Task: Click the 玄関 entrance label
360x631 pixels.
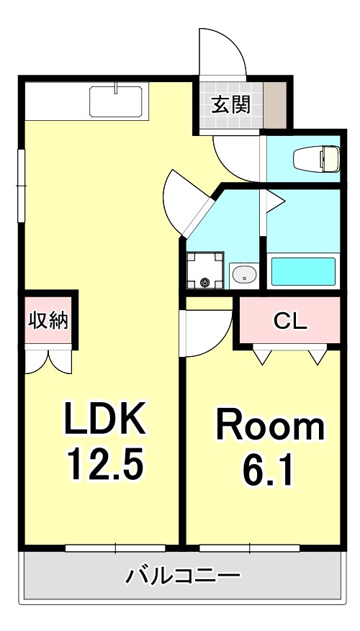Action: coord(230,105)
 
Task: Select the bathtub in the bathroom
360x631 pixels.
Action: coord(302,272)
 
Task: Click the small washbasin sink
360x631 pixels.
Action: coord(245,275)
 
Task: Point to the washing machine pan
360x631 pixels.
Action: coord(205,271)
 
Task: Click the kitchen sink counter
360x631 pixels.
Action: coord(117,101)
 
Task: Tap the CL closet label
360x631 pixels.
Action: coord(289,321)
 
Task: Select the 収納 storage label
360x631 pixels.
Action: coord(48,321)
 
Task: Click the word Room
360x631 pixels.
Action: coord(271,427)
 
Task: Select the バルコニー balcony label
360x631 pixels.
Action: coord(184,576)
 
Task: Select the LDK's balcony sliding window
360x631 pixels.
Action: coord(115,548)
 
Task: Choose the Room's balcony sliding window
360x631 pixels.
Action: coord(249,548)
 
